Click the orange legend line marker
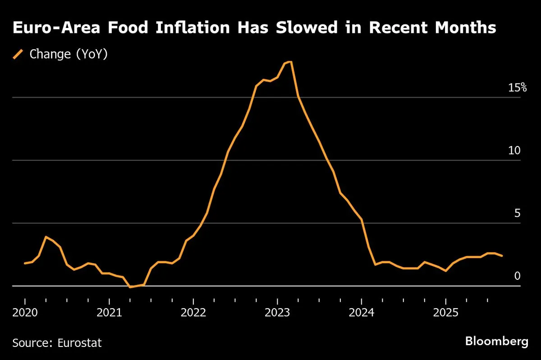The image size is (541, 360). pos(18,55)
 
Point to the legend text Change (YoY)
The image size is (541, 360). pos(68,55)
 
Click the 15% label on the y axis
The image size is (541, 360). pos(517,88)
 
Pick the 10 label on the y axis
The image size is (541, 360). pos(514,150)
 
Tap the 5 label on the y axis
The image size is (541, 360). pos(518,213)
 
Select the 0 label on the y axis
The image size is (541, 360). pos(518,276)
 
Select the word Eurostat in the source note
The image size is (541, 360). pos(80,343)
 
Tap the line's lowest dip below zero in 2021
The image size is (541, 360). pos(130,287)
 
